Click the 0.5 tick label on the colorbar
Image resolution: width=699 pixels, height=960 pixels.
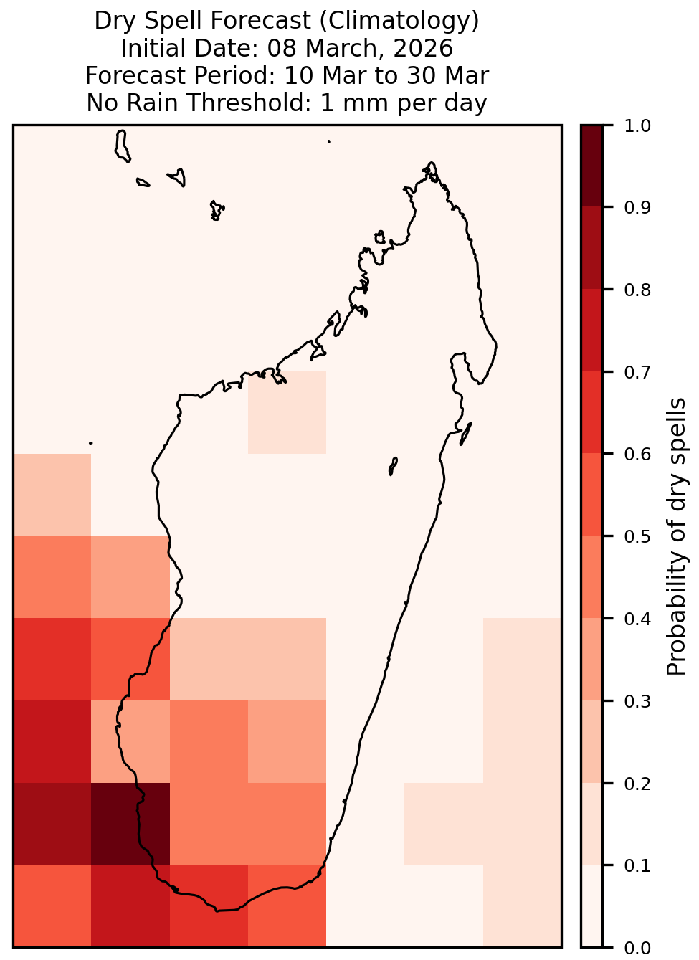pyautogui.click(x=637, y=536)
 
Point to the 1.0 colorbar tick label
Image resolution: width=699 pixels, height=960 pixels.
pyautogui.click(x=637, y=126)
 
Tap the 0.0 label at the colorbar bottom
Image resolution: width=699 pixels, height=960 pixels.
pyautogui.click(x=637, y=948)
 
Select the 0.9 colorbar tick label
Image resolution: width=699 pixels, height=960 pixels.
pyautogui.click(x=637, y=207)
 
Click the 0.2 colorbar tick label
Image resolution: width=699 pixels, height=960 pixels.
pyautogui.click(x=637, y=784)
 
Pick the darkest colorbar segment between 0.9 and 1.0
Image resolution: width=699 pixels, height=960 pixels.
pyautogui.click(x=592, y=166)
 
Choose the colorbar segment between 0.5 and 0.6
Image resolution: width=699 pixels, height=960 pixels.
pyautogui.click(x=592, y=495)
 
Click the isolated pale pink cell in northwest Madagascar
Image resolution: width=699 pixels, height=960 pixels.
pyautogui.click(x=287, y=412)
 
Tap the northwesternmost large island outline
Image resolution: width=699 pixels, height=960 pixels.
pyautogui.click(x=122, y=146)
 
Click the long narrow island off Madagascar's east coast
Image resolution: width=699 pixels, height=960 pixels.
pyautogui.click(x=466, y=434)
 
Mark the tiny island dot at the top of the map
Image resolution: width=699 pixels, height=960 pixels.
pyautogui.click(x=329, y=141)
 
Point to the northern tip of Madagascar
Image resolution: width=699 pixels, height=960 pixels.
pyautogui.click(x=431, y=163)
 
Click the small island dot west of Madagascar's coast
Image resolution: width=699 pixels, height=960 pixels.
pyautogui.click(x=90, y=443)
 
